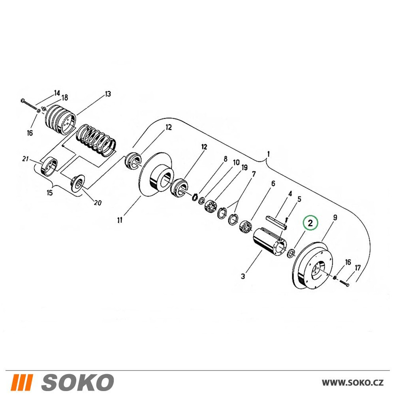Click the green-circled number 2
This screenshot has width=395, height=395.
[x=310, y=223]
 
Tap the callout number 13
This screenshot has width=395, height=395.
[x=107, y=94]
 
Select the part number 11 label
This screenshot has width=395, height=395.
[x=120, y=220]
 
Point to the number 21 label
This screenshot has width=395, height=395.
[x=25, y=159]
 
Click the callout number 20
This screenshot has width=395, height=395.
[x=98, y=203]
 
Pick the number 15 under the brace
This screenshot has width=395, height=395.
[x=50, y=193]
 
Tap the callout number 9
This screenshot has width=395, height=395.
[x=335, y=217]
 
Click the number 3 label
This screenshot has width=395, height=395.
[x=243, y=276]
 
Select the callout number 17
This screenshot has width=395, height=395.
[x=358, y=268]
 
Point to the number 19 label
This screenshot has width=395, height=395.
[x=245, y=167]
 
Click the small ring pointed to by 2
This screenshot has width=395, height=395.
[x=291, y=253]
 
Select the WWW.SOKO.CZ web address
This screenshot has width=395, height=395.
[x=353, y=383]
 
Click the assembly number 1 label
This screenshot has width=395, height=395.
[x=268, y=154]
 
